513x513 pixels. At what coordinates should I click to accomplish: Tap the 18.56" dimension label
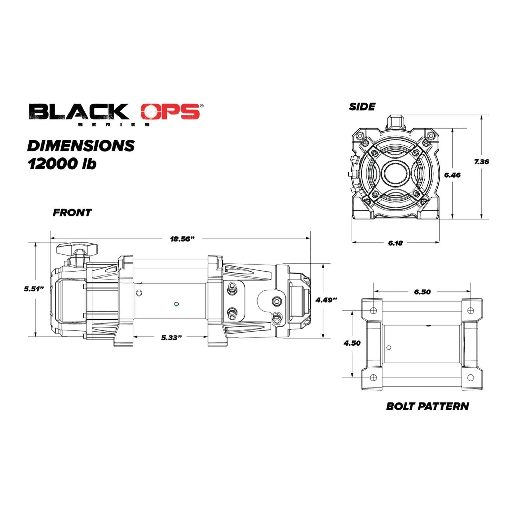182,239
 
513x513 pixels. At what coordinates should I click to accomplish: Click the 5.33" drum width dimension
172,338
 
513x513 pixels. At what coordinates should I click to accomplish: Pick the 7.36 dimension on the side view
481,162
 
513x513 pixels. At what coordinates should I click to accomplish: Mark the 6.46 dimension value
452,175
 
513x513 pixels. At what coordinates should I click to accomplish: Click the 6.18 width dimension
395,243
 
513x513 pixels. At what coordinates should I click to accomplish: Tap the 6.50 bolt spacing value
422,292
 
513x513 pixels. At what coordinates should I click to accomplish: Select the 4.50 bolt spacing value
352,343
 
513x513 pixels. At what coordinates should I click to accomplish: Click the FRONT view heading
72,213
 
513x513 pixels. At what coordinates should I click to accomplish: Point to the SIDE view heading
362,106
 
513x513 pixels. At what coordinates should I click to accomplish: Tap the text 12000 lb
62,164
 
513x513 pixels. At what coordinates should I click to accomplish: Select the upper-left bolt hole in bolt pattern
373,310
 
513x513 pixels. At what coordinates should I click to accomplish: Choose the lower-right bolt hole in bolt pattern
470,377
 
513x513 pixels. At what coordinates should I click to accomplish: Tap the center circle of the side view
395,172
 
